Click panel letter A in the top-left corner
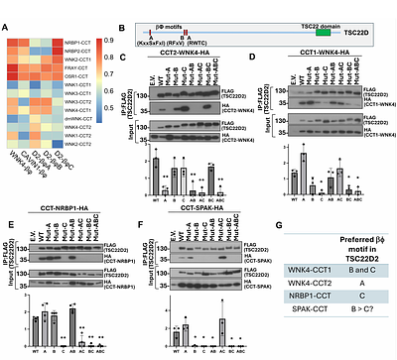pyautogui.click(x=6, y=6)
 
